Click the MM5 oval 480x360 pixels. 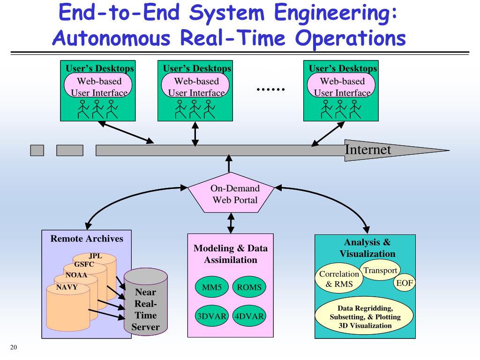pyautogui.click(x=211, y=287)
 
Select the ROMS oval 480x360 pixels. pyautogui.click(x=249, y=287)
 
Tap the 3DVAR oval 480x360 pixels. pyautogui.click(x=211, y=316)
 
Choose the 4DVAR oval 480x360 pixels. pyautogui.click(x=249, y=316)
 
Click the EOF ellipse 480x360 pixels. pyautogui.click(x=404, y=283)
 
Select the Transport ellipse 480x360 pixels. pyautogui.click(x=380, y=270)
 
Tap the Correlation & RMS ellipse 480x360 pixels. pyautogui.click(x=339, y=279)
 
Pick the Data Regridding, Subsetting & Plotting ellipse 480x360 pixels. pyautogui.click(x=364, y=317)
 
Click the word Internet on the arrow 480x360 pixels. pyautogui.click(x=368, y=150)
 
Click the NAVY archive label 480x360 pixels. pyautogui.click(x=67, y=287)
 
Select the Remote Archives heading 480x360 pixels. pyautogui.click(x=87, y=239)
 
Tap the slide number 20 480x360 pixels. pyautogui.click(x=13, y=347)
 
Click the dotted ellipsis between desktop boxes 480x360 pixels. pyautogui.click(x=270, y=89)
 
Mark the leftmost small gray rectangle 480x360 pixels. pyautogui.click(x=37, y=150)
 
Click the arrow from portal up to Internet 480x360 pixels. pyautogui.click(x=229, y=164)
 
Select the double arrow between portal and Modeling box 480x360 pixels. pyautogui.click(x=231, y=223)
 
